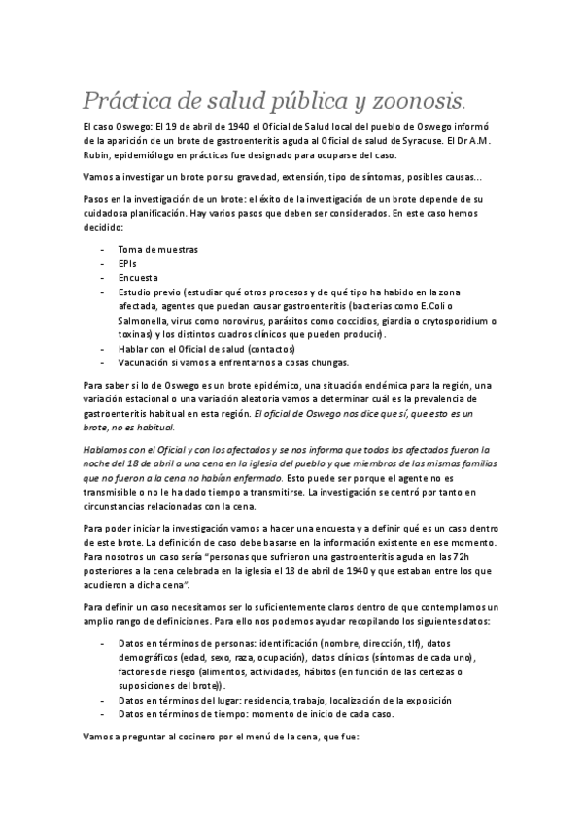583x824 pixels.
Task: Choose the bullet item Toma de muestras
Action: [157, 249]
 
